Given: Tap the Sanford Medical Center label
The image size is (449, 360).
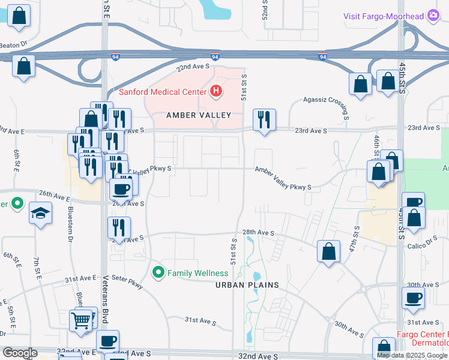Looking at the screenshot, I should click(x=163, y=92).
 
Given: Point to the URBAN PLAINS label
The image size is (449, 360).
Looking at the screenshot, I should click(x=247, y=285).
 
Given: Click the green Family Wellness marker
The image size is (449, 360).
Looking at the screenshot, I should click(x=158, y=273).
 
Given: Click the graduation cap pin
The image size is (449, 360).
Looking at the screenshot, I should click(x=41, y=214).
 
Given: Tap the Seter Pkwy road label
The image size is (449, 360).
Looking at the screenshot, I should click(x=126, y=282).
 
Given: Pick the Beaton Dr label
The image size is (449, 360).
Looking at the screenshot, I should click(x=14, y=44).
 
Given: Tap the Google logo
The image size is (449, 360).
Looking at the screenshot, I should click(x=20, y=353).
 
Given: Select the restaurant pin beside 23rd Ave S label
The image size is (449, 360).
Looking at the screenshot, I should click(x=264, y=121).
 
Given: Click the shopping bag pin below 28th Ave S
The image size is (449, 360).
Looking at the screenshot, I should click(x=329, y=252).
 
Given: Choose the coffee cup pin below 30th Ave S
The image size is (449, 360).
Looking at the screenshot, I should click(x=414, y=299).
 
